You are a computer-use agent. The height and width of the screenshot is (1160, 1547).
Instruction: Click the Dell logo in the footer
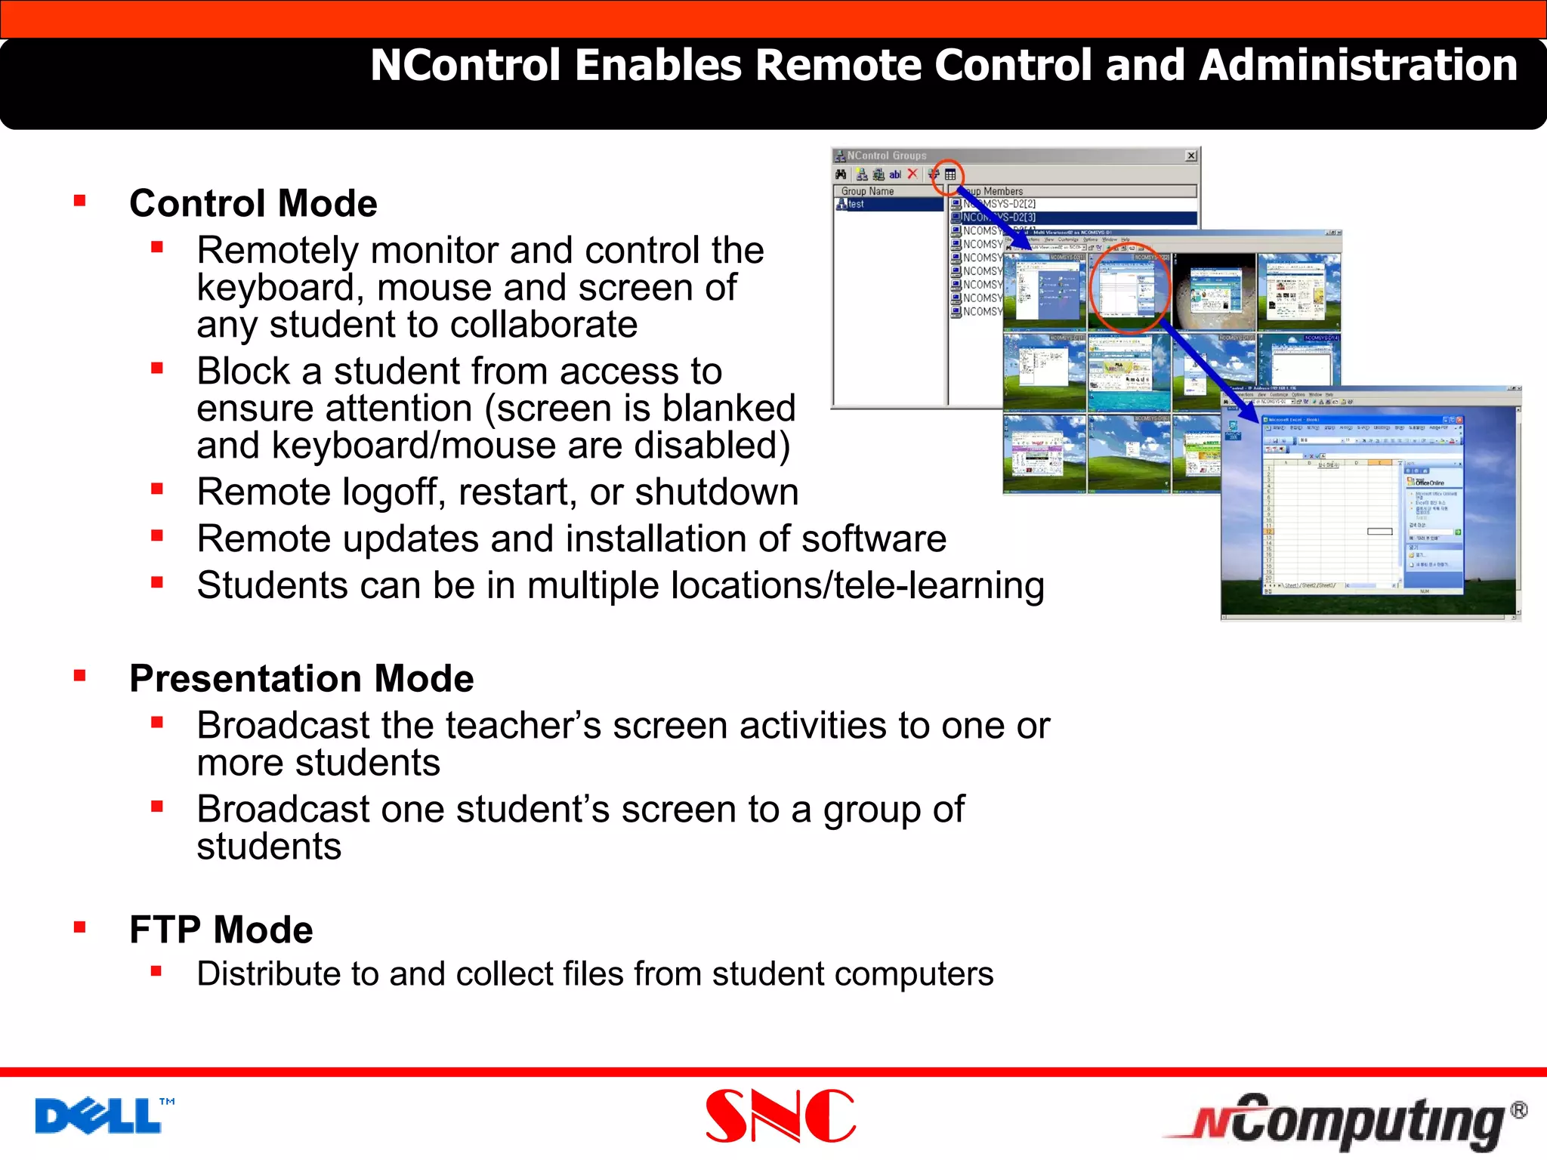tap(98, 1116)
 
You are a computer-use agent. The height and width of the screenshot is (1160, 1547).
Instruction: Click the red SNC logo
tap(780, 1116)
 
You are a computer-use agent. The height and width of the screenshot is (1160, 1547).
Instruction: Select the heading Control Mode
tap(253, 203)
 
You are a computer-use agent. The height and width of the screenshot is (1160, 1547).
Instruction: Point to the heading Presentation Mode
tap(301, 678)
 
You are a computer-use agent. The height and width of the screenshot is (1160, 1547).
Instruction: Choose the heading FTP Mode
tap(221, 929)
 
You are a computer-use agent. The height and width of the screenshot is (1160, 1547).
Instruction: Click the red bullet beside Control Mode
tap(80, 201)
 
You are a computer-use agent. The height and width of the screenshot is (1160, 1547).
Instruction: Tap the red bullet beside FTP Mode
tap(80, 927)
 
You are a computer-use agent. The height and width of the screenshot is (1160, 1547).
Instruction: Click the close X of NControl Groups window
tap(1191, 156)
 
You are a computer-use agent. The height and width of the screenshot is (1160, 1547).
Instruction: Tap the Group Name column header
tap(867, 191)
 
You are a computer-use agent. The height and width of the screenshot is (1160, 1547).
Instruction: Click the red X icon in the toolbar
tap(912, 174)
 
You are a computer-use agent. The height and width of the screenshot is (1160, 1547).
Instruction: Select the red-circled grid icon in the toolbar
tap(950, 174)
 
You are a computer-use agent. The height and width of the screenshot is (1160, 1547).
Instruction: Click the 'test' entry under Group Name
tap(855, 204)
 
